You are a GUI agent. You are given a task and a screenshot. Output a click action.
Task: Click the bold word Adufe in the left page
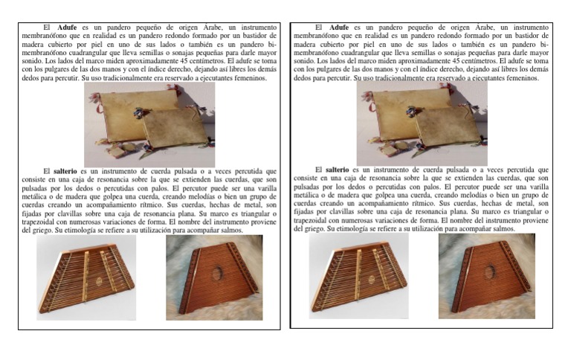[68, 28]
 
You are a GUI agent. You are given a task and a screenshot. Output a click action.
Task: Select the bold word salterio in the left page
[65, 171]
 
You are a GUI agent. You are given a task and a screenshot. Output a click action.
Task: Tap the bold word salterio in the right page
[338, 170]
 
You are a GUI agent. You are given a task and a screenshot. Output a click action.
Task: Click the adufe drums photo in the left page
[149, 124]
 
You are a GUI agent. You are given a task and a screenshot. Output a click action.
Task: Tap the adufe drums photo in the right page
[422, 123]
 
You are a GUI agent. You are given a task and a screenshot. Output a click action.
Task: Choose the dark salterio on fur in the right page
[486, 276]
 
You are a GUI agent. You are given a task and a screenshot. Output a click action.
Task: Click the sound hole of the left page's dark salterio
[218, 274]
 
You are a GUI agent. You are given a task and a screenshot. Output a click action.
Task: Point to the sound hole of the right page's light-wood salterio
[370, 280]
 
